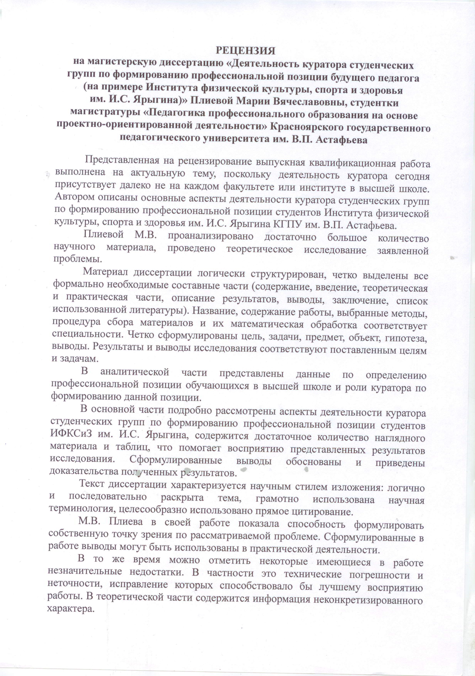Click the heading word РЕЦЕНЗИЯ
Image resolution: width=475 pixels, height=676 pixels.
[245, 51]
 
